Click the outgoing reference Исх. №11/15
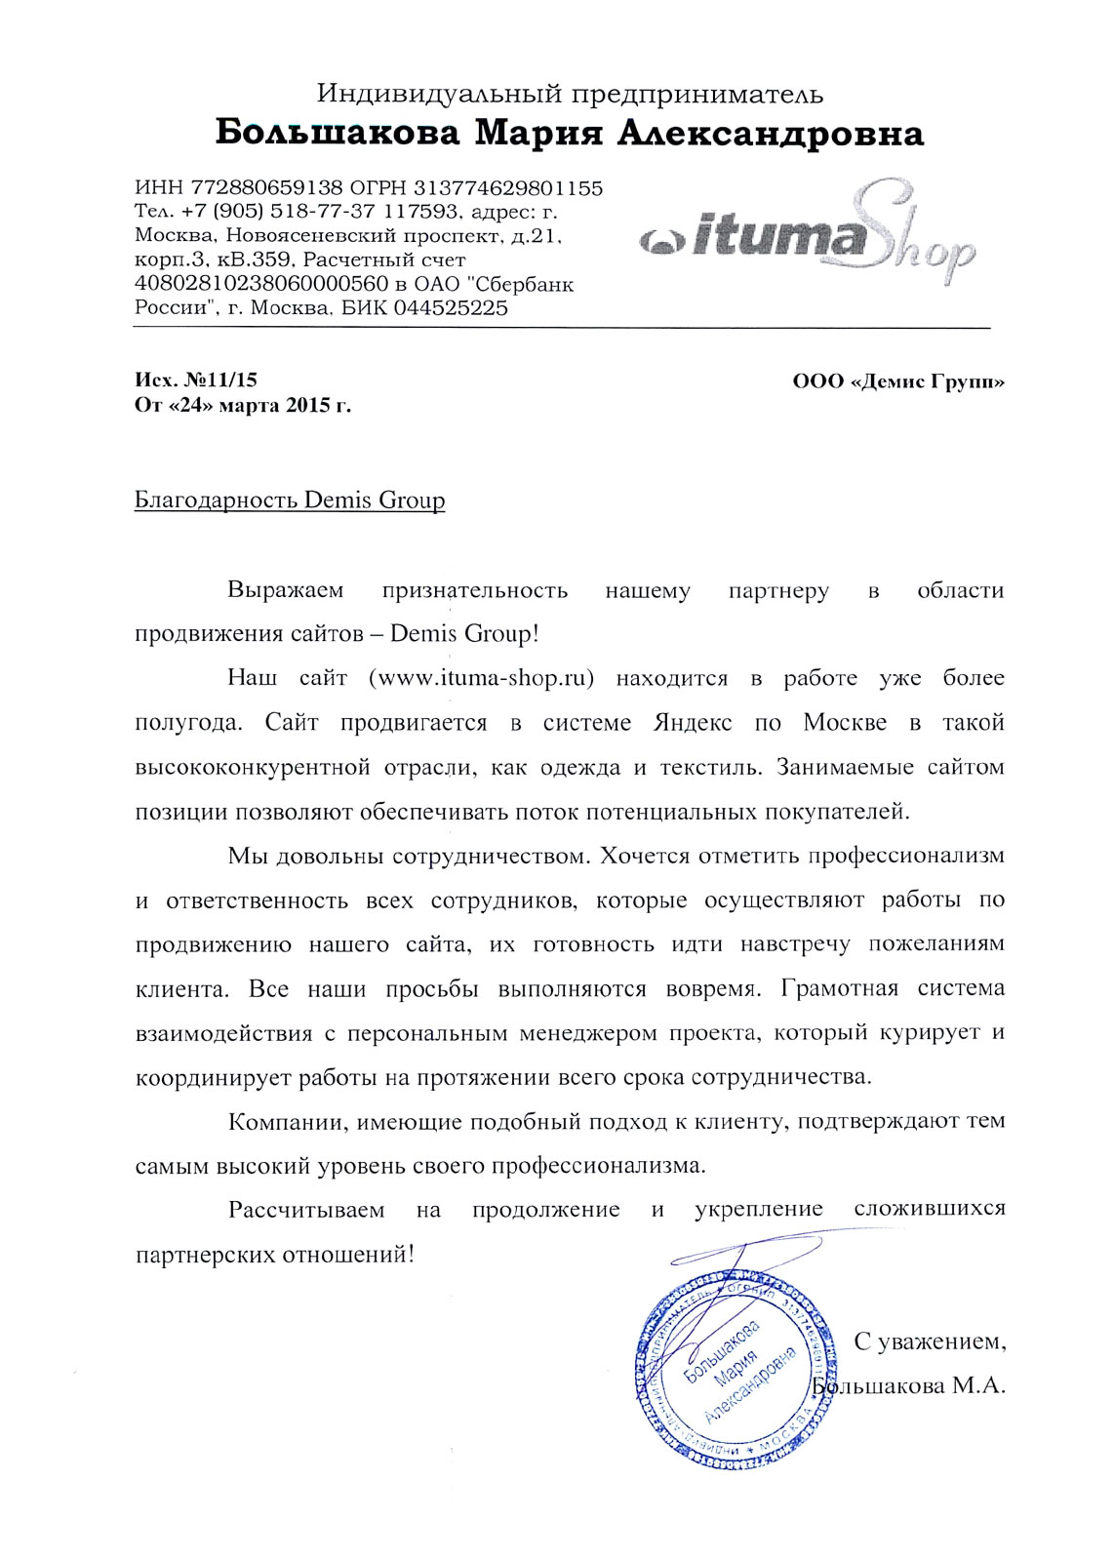195,380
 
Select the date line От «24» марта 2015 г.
242,406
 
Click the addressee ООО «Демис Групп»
898,381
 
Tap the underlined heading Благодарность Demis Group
289,500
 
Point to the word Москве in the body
845,723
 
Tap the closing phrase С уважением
930,1341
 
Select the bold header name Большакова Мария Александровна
569,133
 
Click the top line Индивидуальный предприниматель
570,94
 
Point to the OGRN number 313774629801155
508,188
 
